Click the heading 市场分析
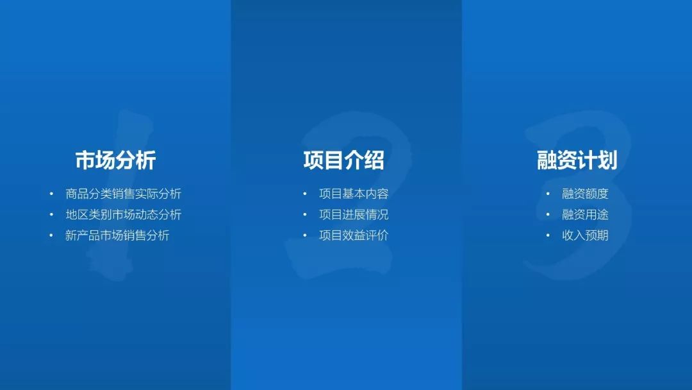tap(115, 160)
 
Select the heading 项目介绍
tap(344, 160)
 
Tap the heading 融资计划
tap(577, 160)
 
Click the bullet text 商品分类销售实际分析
tap(124, 194)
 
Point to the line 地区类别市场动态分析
tap(124, 215)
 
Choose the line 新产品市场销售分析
tap(117, 235)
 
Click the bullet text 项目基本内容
tap(354, 194)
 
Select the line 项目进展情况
tap(354, 215)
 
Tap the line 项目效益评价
tap(354, 235)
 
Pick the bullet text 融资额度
tap(585, 194)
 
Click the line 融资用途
tap(585, 215)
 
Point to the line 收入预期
tap(585, 235)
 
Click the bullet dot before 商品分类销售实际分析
tap(52, 194)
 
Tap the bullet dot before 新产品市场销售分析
tap(52, 235)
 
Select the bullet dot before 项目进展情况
tap(305, 215)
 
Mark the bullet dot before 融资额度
tap(548, 194)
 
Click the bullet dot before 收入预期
tap(548, 235)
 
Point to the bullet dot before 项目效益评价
tap(305, 235)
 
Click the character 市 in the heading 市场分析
tap(85, 160)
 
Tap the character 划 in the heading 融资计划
tap(607, 160)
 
